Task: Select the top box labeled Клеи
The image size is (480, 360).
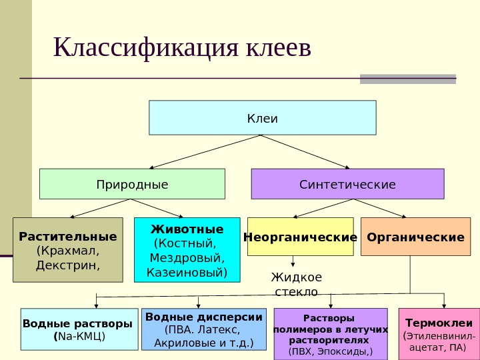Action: pos(263,117)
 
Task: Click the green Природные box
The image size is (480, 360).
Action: pos(133,184)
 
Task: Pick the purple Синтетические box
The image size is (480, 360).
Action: pos(347,184)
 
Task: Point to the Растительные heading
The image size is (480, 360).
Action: pos(68,237)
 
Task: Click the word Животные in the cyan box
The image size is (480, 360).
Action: pos(187,229)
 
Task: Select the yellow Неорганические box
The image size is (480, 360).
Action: pos(300,237)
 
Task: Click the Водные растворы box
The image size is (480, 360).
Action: pos(78,329)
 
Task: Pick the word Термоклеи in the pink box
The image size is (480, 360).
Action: pos(439,323)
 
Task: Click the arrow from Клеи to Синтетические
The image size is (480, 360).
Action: pos(305,151)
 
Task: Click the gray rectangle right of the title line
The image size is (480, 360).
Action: pos(407,79)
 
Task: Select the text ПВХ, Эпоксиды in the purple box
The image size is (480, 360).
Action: pos(331,351)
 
